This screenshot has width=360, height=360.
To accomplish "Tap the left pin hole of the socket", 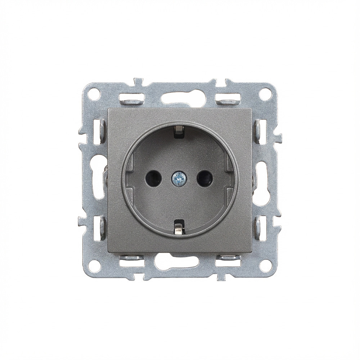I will tap(153, 178).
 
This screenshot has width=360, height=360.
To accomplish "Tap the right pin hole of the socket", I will tap(204, 178).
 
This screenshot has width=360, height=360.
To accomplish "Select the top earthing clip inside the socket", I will tap(179, 131).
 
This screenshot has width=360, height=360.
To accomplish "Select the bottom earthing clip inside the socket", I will tap(179, 228).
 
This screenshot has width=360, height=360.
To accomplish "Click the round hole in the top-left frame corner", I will tap(94, 94).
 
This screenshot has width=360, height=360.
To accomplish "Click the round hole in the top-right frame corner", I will tap(265, 94).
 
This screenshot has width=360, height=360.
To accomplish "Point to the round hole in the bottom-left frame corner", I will tap(94, 266).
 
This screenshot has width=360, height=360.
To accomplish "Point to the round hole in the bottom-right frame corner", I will tap(265, 266).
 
